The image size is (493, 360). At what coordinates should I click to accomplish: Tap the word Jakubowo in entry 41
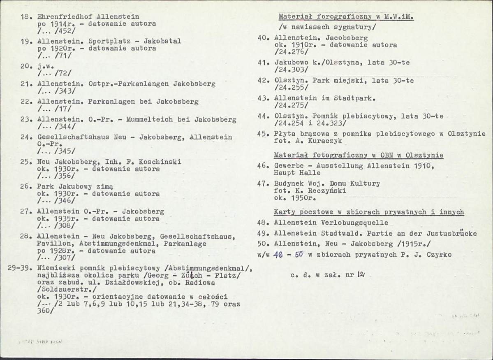click(290, 63)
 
